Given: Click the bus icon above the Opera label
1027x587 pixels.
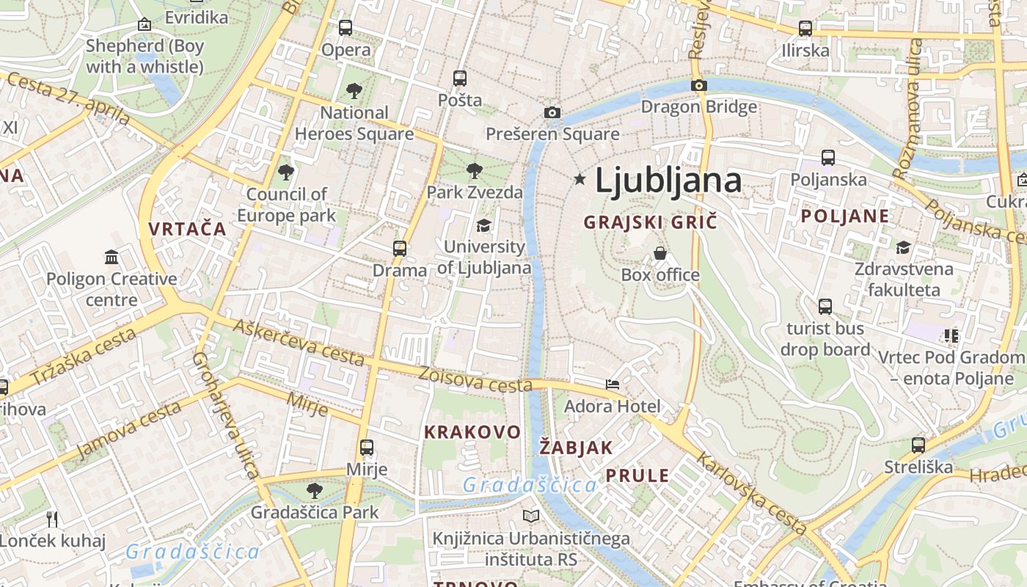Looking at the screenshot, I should [346, 28].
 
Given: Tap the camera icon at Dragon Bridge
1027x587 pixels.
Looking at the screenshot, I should [698, 85].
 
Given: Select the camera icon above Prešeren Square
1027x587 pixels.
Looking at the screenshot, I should [552, 112].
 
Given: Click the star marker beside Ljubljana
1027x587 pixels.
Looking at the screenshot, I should [580, 179].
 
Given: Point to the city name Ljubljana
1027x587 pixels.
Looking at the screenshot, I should [668, 181].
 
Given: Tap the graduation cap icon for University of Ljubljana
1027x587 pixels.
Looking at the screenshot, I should [483, 225].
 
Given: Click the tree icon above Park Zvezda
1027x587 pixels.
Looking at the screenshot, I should [475, 171].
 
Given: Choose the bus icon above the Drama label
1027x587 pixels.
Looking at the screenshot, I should [400, 248].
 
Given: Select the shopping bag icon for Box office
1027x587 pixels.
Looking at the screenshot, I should [660, 253].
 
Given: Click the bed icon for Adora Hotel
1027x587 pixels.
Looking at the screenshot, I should [613, 384].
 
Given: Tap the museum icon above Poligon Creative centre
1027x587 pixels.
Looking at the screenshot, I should [112, 257].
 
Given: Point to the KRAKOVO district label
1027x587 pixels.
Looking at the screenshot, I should [472, 431].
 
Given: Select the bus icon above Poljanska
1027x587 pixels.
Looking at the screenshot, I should [828, 157].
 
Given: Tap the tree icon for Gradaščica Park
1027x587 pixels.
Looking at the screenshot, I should [315, 490].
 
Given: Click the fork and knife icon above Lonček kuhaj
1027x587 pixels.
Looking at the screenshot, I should [52, 519].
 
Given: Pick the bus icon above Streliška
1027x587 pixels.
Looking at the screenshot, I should [918, 445].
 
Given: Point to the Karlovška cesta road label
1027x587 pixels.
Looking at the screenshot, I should [751, 492].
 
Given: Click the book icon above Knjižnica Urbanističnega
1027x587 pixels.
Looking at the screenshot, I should [531, 517].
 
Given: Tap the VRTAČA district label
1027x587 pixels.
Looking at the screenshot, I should [187, 228].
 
